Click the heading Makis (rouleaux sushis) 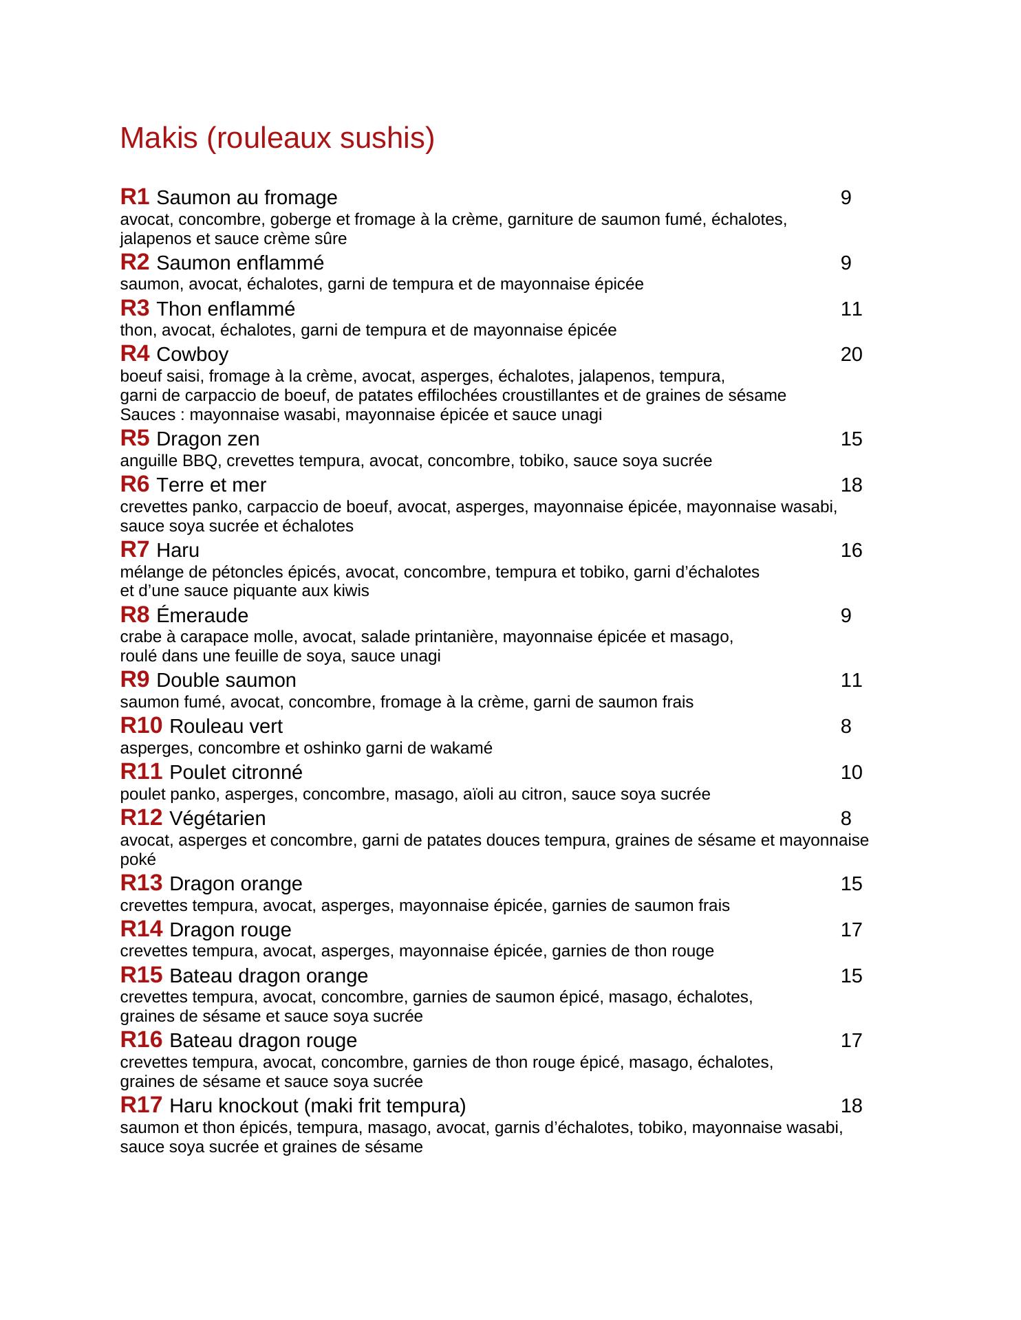point(277,138)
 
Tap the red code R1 point(135,197)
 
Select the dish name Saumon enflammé point(240,263)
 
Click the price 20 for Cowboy point(851,355)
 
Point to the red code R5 point(135,439)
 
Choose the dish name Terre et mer point(211,485)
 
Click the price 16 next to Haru point(851,551)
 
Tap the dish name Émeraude point(202,615)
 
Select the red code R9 point(135,680)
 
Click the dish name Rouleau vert point(226,727)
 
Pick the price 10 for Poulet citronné point(851,773)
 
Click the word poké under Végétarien point(138,860)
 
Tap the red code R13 point(141,883)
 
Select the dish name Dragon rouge point(230,930)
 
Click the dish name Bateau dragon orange point(268,976)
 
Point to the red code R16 point(141,1041)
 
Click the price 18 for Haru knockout point(851,1106)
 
